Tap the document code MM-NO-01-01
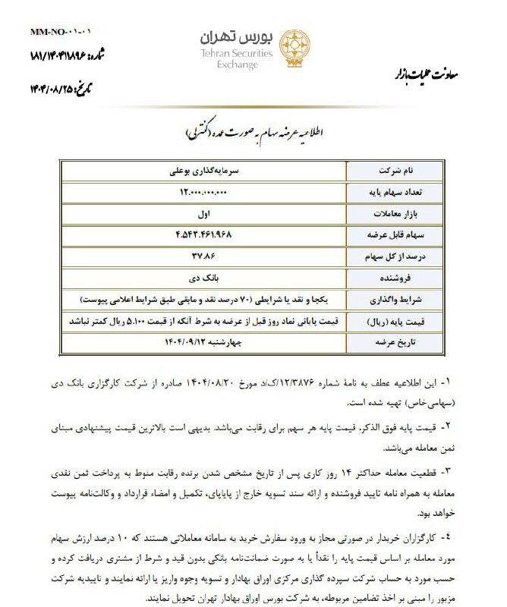(60, 33)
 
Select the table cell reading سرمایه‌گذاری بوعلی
(200, 171)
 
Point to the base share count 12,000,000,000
(200, 193)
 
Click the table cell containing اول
(200, 215)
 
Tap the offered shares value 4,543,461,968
(200, 236)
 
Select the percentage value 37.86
(200, 257)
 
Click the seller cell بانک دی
(200, 279)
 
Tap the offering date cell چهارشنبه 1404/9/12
(200, 343)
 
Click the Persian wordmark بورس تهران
(231, 38)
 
